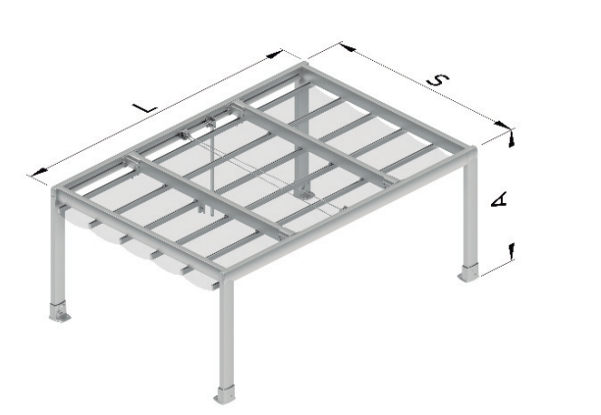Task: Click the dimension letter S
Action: [438, 80]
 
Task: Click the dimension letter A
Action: [499, 200]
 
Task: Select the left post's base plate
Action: [59, 312]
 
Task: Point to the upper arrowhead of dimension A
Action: [511, 139]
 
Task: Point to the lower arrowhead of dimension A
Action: [511, 250]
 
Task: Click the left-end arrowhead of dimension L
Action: [38, 173]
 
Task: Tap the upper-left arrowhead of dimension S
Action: [348, 47]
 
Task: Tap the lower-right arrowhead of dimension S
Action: [503, 125]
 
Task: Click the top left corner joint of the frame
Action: [58, 192]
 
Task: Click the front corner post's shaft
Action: [226, 334]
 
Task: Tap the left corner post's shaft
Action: [58, 253]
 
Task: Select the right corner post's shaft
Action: [470, 210]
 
